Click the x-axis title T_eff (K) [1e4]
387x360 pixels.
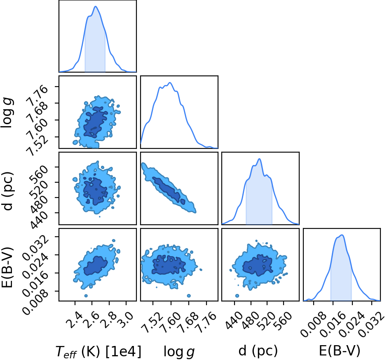(99, 352)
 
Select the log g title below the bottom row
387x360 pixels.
(179, 352)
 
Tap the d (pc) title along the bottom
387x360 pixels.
(258, 351)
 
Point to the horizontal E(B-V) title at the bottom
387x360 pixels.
(339, 351)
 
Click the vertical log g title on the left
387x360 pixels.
(7, 112)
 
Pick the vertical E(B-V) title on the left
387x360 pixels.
(7, 267)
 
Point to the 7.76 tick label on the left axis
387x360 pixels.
(38, 94)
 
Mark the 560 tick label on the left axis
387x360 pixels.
(38, 174)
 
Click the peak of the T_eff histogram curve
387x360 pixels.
(96, 7)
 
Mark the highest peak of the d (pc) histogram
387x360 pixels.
(259, 159)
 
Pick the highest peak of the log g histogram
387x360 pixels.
(169, 82)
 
